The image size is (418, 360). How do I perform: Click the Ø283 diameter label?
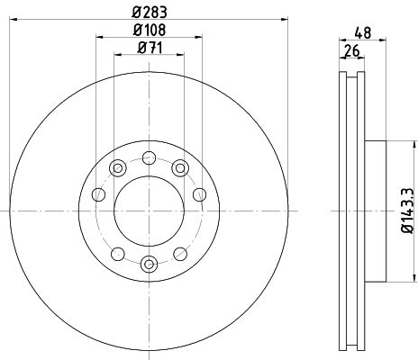click(x=150, y=13)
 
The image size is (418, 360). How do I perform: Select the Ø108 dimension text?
click(x=150, y=30)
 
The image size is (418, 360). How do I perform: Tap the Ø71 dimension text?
click(x=150, y=48)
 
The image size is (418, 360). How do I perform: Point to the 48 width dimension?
click(x=363, y=32)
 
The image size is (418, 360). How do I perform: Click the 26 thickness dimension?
click(x=352, y=50)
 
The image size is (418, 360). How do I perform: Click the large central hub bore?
click(x=149, y=211)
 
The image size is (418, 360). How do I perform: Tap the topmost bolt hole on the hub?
click(x=149, y=157)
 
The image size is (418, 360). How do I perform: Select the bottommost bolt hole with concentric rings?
click(x=149, y=265)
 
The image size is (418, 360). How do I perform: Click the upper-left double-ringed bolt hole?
click(x=118, y=168)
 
